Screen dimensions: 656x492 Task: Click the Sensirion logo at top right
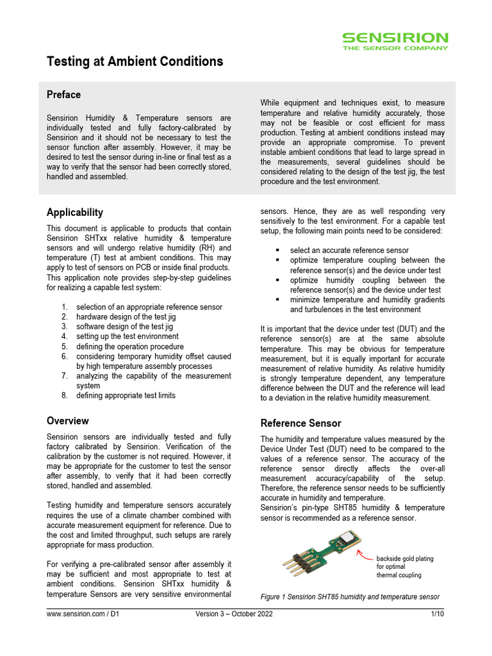click(x=395, y=41)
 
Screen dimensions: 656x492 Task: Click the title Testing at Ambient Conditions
click(x=135, y=61)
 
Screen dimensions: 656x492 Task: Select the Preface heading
click(x=63, y=95)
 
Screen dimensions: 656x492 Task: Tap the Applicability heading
click(x=74, y=213)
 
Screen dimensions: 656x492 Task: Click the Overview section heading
click(x=67, y=421)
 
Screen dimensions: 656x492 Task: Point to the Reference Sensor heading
click(x=300, y=423)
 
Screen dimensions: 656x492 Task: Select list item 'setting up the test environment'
click(x=127, y=336)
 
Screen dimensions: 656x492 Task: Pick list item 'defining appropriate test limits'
click(x=126, y=396)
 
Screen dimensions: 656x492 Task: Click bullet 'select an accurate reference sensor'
click(x=349, y=250)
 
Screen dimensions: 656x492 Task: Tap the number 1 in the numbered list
click(x=65, y=307)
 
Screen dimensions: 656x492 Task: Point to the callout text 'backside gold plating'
click(x=405, y=559)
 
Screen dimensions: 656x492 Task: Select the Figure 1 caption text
click(x=350, y=597)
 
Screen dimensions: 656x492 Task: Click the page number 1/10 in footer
click(x=437, y=614)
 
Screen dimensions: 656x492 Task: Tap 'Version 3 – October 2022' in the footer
click(x=234, y=614)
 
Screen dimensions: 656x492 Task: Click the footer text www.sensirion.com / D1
click(x=83, y=614)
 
